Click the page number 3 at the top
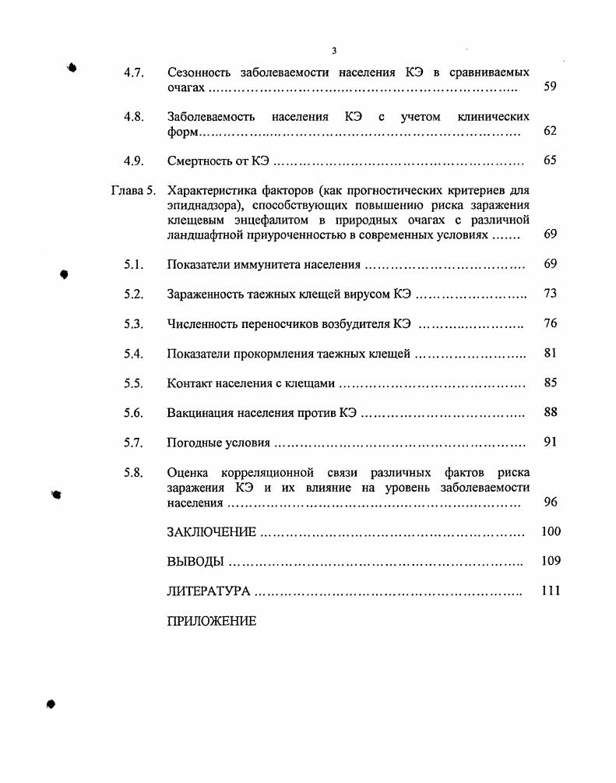(334, 51)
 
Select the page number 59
(550, 87)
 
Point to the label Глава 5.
(134, 189)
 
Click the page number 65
(550, 160)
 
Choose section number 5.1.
(133, 265)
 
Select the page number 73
(550, 294)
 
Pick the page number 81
(550, 354)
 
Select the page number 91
(550, 443)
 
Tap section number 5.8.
(133, 472)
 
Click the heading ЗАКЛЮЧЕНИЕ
(211, 532)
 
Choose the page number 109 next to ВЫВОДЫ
(550, 561)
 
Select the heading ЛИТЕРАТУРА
(208, 591)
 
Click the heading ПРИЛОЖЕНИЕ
(211, 622)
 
